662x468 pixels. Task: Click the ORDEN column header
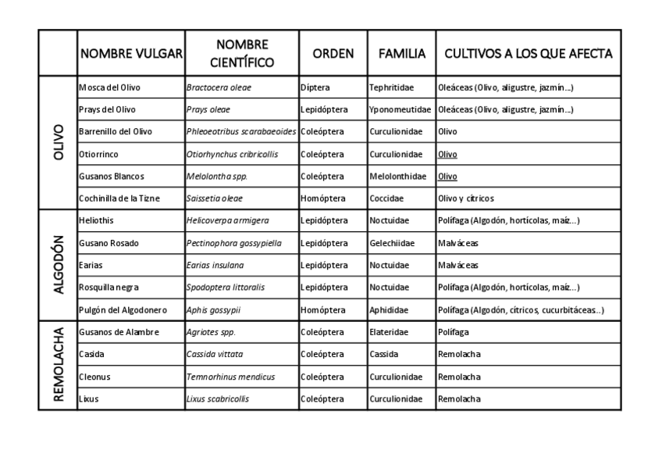[333, 54]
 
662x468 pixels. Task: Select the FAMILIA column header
[402, 54]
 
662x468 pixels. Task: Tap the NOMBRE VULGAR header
[131, 54]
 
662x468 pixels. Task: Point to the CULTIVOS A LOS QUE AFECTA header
[528, 54]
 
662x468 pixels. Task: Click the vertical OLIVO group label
[58, 142]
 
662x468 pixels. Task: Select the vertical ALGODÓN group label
[58, 265]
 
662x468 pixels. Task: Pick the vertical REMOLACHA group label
[58, 365]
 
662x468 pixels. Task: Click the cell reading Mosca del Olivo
[109, 88]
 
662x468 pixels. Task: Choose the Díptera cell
[315, 88]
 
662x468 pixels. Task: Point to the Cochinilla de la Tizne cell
[119, 198]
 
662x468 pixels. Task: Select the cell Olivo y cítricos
[466, 198]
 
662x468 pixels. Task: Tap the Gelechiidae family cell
[393, 243]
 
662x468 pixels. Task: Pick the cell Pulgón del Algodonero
[120, 310]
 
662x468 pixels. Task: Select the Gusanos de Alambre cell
[119, 332]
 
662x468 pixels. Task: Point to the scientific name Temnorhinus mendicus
[230, 377]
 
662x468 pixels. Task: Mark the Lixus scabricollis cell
[218, 398]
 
